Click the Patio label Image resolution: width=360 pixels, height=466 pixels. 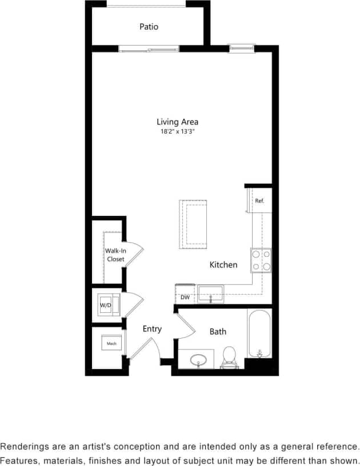point(149,27)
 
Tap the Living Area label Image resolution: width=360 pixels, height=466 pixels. point(177,122)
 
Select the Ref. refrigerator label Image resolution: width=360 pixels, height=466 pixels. point(259,201)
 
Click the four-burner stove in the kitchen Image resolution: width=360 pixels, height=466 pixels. point(261,260)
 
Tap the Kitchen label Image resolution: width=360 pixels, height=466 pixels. point(223,265)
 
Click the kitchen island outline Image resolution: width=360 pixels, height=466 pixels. point(193,224)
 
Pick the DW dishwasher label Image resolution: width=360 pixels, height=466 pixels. point(185,298)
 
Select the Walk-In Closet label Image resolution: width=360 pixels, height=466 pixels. point(115,255)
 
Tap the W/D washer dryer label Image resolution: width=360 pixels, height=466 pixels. point(106,305)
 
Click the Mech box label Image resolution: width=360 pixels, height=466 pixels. point(111,344)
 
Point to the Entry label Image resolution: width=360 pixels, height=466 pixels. point(152,329)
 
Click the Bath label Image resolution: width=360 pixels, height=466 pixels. point(218,331)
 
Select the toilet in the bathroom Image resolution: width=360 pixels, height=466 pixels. point(230,356)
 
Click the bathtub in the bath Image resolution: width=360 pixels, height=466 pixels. point(259,334)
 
